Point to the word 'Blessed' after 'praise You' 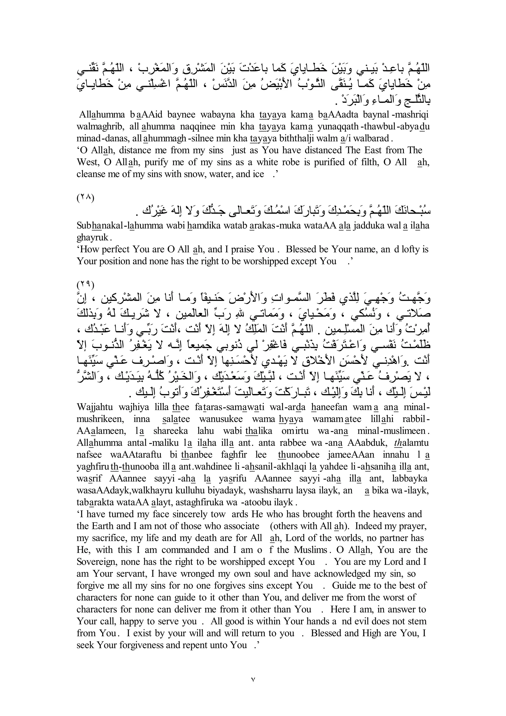(301, 249)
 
